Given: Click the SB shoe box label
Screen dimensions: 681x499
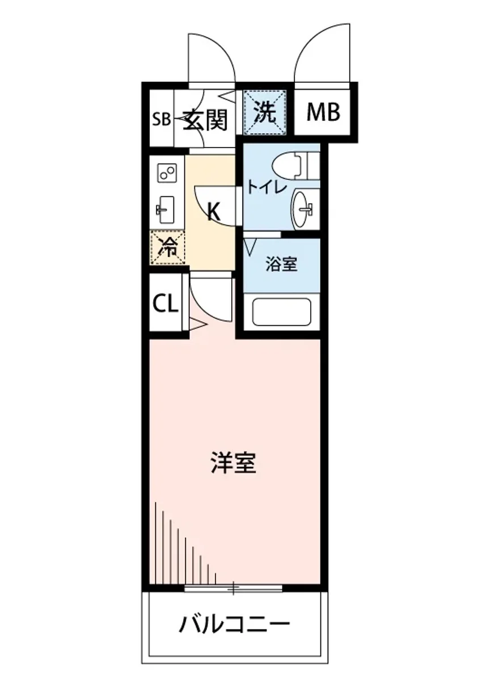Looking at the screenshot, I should click(162, 120).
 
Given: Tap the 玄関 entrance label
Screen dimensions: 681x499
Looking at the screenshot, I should click(205, 120).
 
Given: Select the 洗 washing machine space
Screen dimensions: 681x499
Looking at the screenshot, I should click(265, 112).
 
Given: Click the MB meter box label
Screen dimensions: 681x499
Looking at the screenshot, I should click(323, 112).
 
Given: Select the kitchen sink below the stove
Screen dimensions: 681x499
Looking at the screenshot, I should click(167, 211).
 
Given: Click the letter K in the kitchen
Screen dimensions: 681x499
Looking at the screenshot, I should click(213, 212).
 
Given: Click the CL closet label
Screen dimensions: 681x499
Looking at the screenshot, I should click(166, 305).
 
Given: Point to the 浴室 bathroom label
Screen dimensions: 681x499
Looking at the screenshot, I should click(282, 264).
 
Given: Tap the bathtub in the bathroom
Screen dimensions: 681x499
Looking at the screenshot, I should click(281, 312).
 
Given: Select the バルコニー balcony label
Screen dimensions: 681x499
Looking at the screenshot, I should click(234, 626).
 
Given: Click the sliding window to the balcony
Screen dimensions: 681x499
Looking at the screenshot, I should click(234, 588).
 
